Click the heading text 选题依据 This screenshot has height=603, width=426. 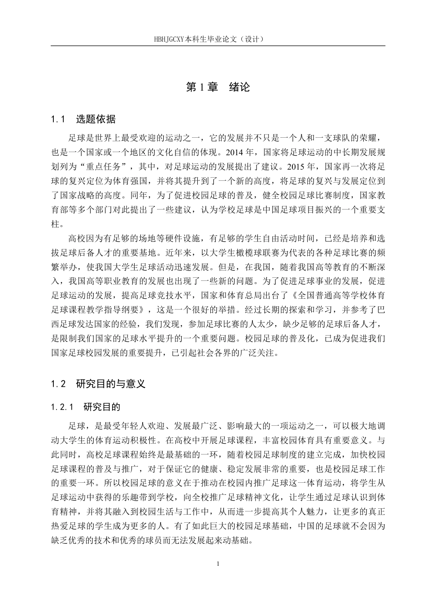click(96, 119)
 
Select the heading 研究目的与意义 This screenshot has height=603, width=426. click(111, 384)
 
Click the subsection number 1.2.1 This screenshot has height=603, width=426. click(62, 407)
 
